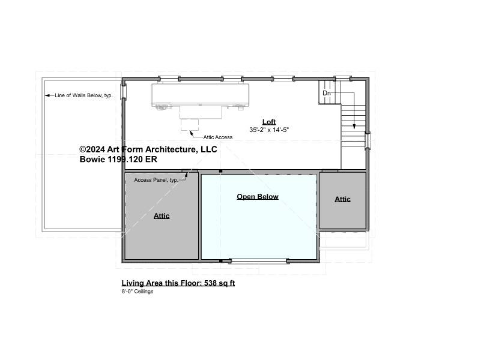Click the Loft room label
tap(269, 122)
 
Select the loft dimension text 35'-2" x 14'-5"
tap(269, 130)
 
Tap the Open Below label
tap(258, 197)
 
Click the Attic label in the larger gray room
tap(162, 215)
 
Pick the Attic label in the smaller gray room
tap(343, 199)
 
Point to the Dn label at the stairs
tap(327, 93)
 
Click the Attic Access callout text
tap(218, 137)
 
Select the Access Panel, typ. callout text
tap(156, 180)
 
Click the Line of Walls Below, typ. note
tap(83, 95)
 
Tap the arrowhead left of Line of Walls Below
tap(47, 95)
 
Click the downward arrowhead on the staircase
tap(354, 126)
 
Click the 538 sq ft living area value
tap(219, 283)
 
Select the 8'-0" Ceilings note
tap(138, 292)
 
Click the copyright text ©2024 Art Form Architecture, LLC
tap(148, 149)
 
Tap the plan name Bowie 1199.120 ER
tap(118, 160)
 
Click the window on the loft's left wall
tap(123, 91)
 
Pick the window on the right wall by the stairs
tap(367, 140)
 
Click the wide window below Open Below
tap(258, 261)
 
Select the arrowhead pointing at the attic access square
tap(191, 133)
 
